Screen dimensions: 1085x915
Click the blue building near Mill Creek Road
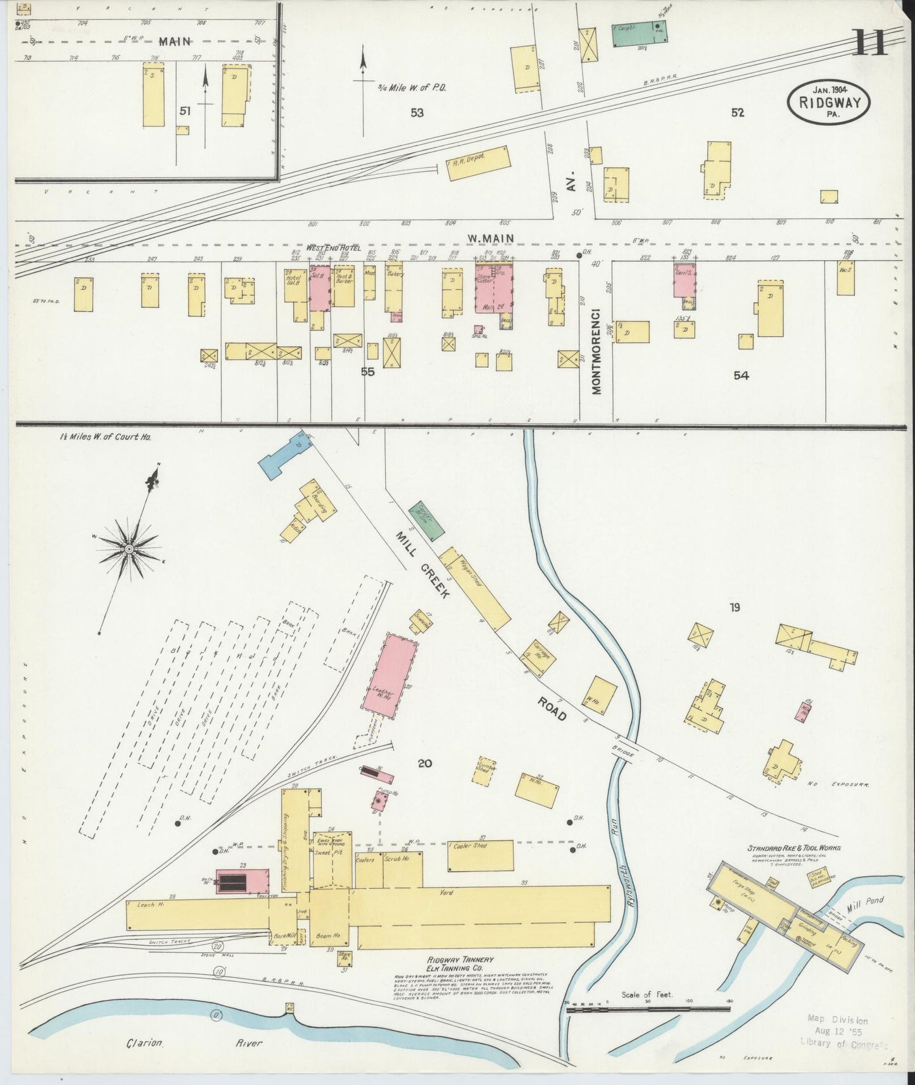coord(285,456)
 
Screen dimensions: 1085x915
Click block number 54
coord(740,375)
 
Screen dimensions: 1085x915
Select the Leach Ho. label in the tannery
coord(154,905)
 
